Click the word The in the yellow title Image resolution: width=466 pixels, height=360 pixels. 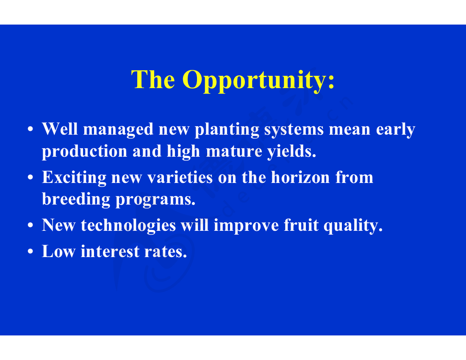(153, 79)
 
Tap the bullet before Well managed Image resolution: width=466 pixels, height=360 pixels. (30, 129)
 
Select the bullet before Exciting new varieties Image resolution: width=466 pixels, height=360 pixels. (30, 177)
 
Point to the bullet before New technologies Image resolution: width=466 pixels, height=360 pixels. (30, 225)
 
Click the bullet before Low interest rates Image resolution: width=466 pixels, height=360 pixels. (30, 251)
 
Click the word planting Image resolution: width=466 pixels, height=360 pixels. (227, 130)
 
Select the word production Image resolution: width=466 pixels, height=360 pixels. (85, 152)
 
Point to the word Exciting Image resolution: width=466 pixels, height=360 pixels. (74, 178)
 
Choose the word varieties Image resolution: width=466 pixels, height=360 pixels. (180, 177)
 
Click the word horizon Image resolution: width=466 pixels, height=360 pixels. (300, 177)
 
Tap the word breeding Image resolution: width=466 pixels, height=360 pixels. (76, 199)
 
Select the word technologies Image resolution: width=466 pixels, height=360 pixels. (128, 225)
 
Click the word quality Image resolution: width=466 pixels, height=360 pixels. (353, 225)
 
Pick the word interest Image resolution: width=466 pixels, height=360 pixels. (110, 251)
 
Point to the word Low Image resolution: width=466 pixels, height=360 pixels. (59, 251)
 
